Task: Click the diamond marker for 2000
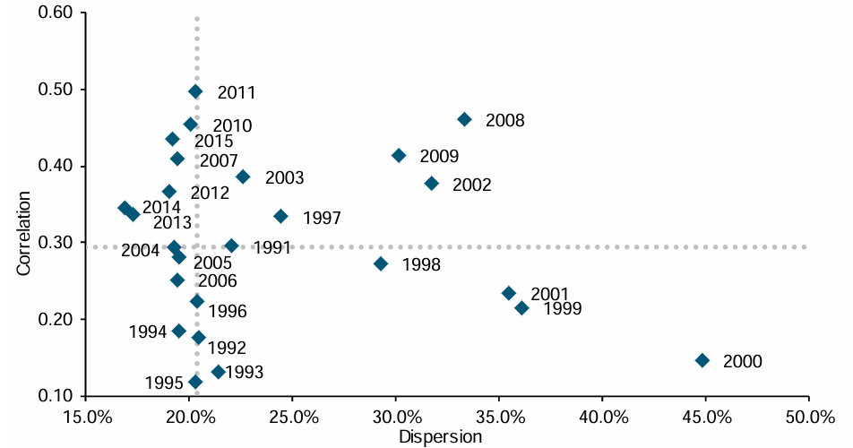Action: pos(702,360)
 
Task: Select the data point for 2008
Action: pos(464,119)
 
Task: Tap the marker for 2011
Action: pos(195,91)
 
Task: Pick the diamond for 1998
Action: pos(381,263)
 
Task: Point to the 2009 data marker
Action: pos(399,156)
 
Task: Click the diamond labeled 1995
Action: pos(195,382)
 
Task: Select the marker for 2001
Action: pos(509,293)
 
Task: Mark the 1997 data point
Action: pos(280,216)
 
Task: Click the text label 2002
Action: pos(472,185)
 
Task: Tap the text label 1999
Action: pos(562,309)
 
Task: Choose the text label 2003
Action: pos(284,177)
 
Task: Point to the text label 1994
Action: pos(148,332)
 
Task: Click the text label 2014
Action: pos(161,207)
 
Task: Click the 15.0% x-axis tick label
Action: pos(87,418)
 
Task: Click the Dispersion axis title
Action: pos(443,436)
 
